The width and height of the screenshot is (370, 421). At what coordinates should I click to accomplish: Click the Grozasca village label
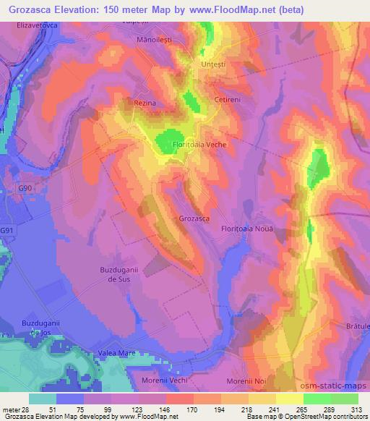tap(194, 218)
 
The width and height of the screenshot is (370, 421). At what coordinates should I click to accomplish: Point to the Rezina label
tap(145, 103)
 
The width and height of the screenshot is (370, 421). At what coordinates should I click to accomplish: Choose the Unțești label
tap(212, 64)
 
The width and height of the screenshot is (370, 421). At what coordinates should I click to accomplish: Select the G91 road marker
tap(7, 230)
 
